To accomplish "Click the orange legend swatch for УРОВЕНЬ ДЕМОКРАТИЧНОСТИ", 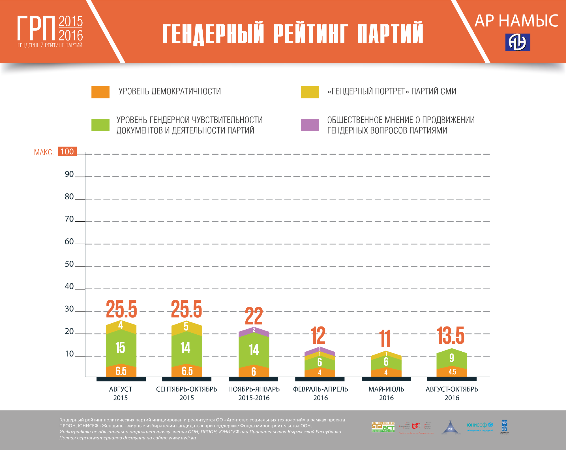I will pos(100,92).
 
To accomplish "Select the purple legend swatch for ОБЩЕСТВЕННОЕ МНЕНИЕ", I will pos(310,125).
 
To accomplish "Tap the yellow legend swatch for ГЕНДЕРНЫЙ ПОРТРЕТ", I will pos(310,92).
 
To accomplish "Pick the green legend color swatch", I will pos(100,125).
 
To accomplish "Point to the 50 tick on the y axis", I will pos(69,264).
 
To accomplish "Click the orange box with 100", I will pos(67,151).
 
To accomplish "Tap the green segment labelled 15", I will pos(121,348).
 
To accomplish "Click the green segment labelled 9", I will pos(452,358).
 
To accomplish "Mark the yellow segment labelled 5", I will pos(186,327).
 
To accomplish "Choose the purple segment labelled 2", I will pos(254,330).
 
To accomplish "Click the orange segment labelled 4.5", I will pos(452,372).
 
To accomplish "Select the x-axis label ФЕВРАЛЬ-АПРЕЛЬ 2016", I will pos(320,393).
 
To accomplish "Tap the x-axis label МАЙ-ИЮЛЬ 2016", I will pos(386,393).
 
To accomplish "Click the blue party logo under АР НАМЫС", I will pos(518,43).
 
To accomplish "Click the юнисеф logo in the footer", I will pos(480,426).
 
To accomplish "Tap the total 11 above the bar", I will pos(385,339).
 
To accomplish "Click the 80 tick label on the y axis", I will pos(69,197).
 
